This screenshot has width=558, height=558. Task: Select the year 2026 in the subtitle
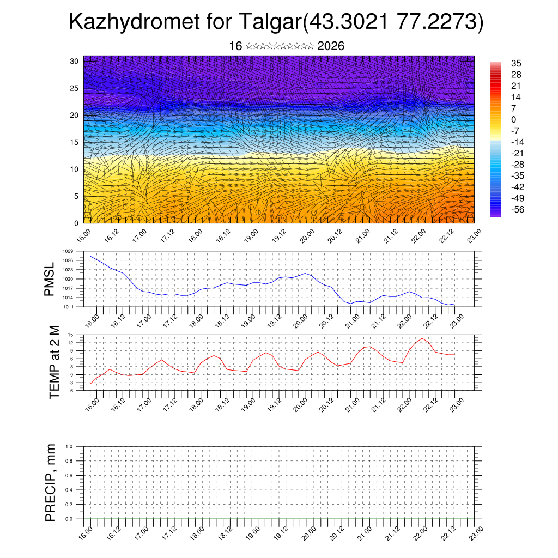[330, 46]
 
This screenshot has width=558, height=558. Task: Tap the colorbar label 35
[516, 64]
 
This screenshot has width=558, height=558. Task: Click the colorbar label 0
[513, 119]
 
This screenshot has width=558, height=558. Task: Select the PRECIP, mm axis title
[51, 483]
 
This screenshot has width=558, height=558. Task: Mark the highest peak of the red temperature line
[422, 338]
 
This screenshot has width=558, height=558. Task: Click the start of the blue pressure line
[90, 256]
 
